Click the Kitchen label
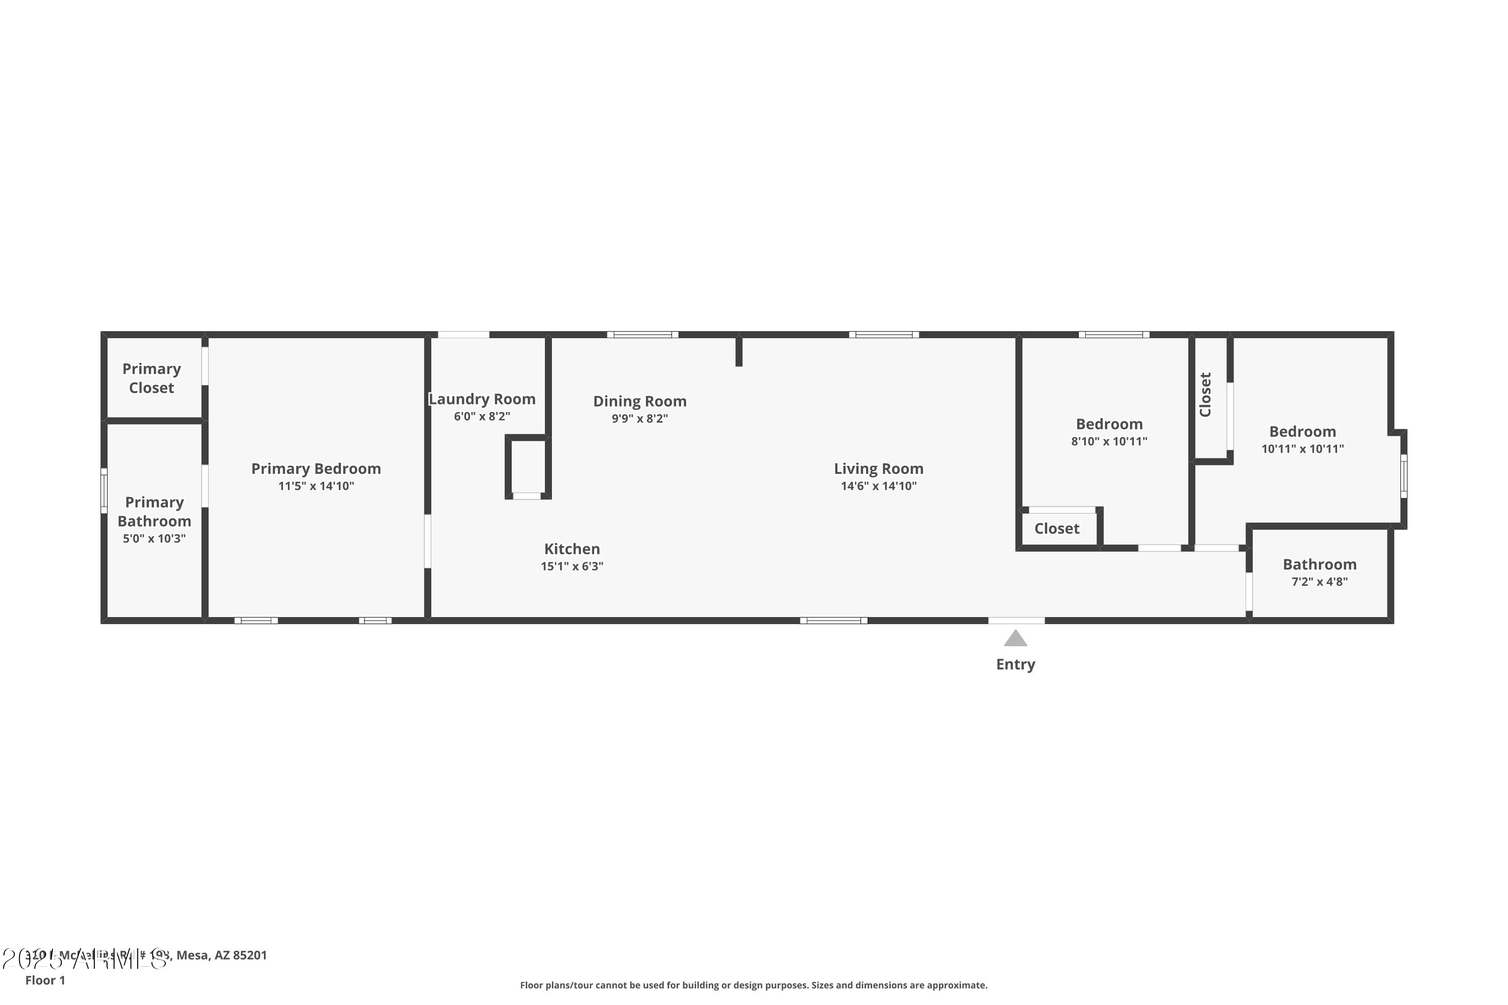click(572, 549)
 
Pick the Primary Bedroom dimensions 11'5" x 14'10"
click(316, 486)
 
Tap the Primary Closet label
click(151, 378)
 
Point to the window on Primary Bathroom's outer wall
click(104, 490)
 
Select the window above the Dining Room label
click(642, 335)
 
